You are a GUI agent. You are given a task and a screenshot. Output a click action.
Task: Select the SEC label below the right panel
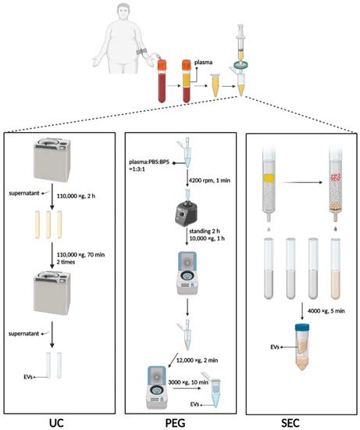pyautogui.click(x=298, y=421)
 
